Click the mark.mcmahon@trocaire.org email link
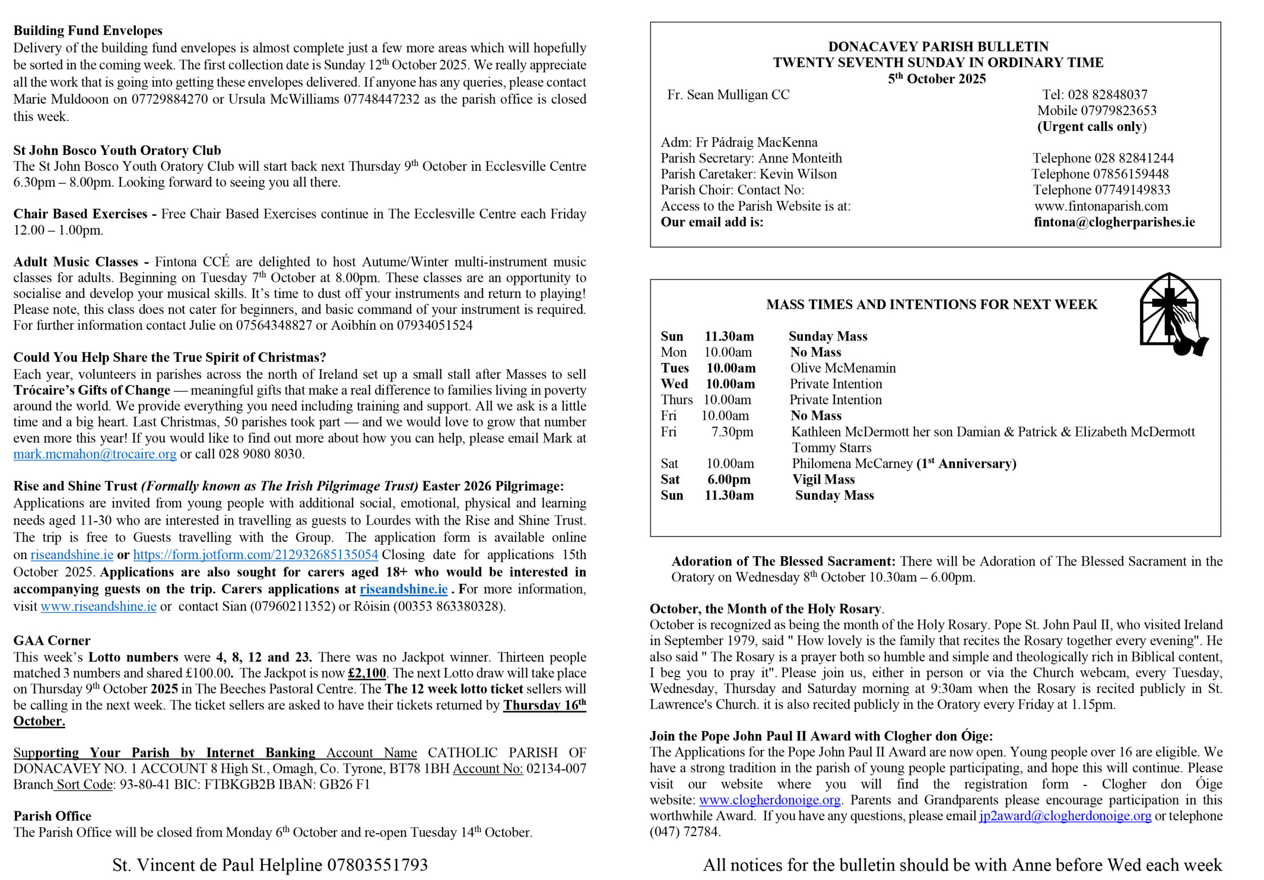(95, 454)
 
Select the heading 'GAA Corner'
(52, 641)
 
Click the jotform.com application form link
(255, 555)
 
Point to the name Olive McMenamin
(843, 368)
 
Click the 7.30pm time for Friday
(732, 432)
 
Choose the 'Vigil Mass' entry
(824, 480)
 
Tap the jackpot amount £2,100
(367, 673)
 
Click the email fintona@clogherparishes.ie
(1114, 222)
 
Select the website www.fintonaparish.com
(1101, 206)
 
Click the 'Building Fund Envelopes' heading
(88, 31)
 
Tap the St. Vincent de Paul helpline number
(377, 865)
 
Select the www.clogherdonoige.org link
(770, 800)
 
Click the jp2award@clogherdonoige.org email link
(1065, 816)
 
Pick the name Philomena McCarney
(852, 464)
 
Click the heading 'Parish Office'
(52, 816)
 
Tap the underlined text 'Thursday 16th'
(544, 706)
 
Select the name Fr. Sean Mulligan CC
(728, 95)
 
